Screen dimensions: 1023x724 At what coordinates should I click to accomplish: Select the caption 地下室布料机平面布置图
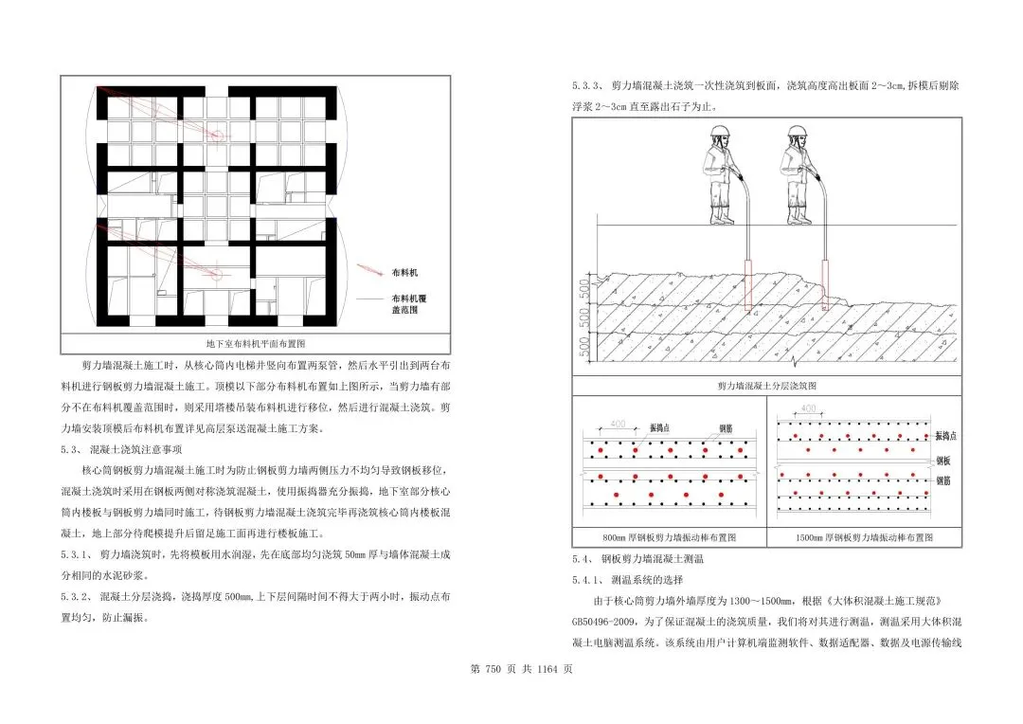256,344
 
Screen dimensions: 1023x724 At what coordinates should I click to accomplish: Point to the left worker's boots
723,218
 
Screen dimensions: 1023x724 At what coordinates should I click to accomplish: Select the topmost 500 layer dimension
582,286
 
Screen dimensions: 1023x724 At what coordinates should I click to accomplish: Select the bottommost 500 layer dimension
582,347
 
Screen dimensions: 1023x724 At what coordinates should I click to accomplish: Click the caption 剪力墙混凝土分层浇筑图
767,387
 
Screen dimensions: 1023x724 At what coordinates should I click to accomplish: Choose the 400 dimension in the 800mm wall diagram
618,423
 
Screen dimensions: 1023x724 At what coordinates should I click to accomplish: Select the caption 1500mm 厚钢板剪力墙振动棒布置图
864,537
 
